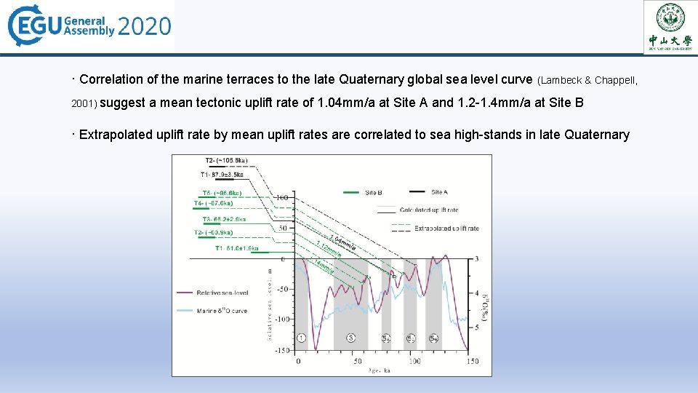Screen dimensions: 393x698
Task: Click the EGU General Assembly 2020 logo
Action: pos(89,27)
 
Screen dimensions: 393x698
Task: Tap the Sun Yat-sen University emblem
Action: pos(670,26)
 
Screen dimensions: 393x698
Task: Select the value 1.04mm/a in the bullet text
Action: pos(347,103)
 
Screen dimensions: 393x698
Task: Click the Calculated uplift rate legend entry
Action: pos(428,210)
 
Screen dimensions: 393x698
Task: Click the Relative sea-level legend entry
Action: pos(222,293)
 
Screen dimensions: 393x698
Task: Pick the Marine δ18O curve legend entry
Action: pos(221,311)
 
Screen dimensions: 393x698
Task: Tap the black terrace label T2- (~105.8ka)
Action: pos(226,161)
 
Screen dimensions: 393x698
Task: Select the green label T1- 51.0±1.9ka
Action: pos(236,248)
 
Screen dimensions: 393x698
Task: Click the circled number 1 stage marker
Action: pos(301,338)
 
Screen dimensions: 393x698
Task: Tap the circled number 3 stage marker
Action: pos(350,338)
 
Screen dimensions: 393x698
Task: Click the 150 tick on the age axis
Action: pos(472,361)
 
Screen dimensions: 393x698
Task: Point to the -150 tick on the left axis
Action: pos(281,351)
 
